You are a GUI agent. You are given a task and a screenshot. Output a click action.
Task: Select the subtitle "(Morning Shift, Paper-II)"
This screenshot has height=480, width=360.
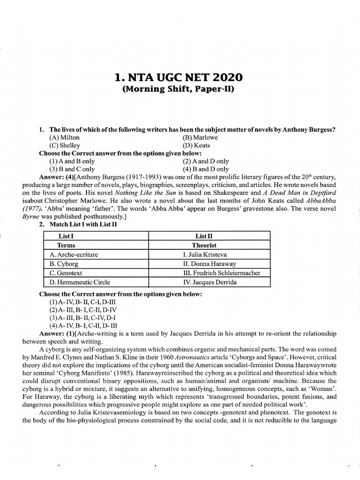click(180, 90)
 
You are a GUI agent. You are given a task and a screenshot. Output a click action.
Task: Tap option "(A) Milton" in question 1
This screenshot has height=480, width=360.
click(64, 137)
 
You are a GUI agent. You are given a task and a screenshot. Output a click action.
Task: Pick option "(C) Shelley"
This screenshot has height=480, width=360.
click(65, 145)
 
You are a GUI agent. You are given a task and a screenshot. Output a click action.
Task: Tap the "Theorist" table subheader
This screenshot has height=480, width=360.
click(203, 245)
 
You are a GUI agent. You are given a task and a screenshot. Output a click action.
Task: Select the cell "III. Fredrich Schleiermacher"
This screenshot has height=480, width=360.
click(222, 273)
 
